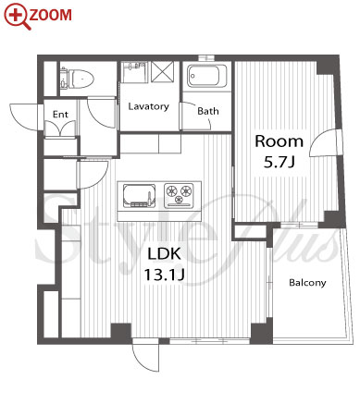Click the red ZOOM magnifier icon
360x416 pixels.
coord(17,16)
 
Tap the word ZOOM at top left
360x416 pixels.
coord(51,15)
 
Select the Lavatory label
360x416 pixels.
coord(149,106)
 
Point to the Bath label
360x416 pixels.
coord(208,111)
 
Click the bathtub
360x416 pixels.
coord(207,76)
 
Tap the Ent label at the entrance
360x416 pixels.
coord(60,115)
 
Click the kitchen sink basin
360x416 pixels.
coord(139,196)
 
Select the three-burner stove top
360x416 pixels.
coord(180,195)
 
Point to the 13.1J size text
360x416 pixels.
coord(165,275)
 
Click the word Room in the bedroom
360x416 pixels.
coord(279,141)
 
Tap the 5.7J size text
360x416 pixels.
coord(279,162)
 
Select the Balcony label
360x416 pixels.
coord(307,283)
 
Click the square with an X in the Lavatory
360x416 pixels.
coord(162,72)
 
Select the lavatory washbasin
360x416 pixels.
coord(134,72)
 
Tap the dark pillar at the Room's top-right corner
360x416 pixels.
coord(327,66)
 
